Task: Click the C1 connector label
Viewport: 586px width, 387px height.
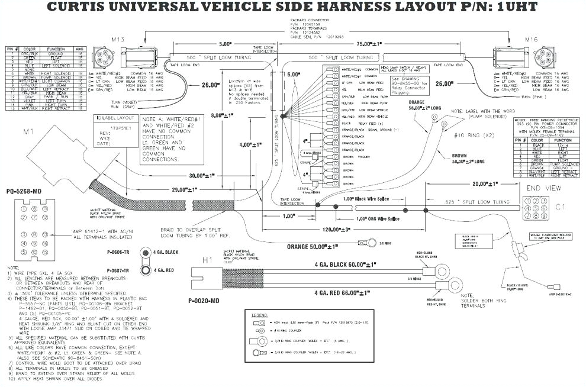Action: pyautogui.click(x=562, y=208)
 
